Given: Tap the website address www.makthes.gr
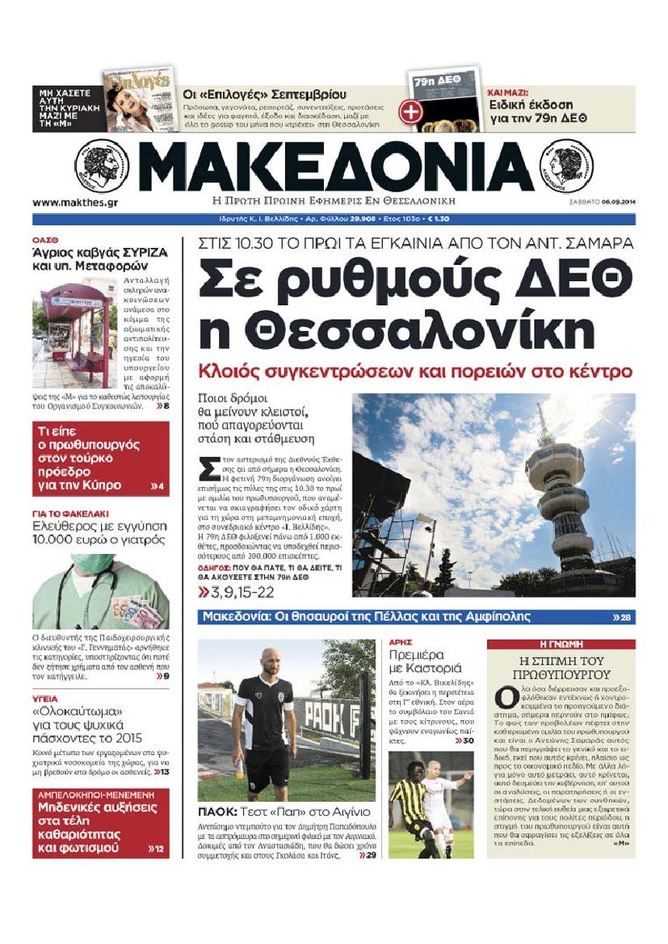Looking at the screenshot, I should pos(75,203).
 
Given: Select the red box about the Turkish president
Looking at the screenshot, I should pos(101,458).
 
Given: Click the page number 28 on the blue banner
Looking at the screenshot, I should pos(624,618).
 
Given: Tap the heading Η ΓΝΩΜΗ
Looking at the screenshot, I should pos(561,645).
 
